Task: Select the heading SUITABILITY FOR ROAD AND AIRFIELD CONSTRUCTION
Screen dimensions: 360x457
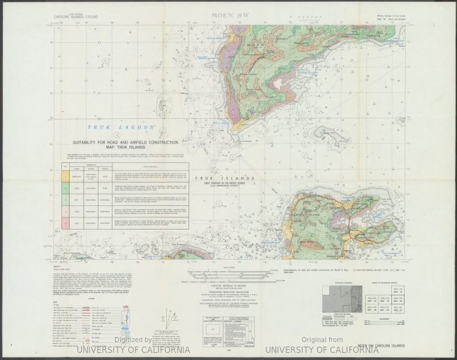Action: point(125,143)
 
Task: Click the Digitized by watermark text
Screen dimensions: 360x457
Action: point(133,340)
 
